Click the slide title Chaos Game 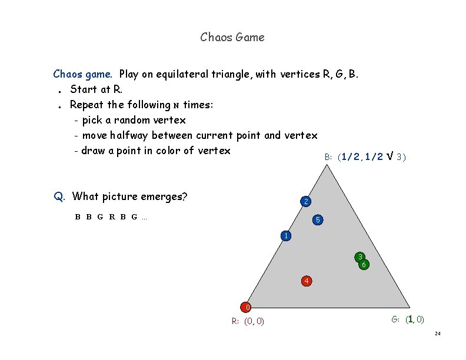pyautogui.click(x=232, y=38)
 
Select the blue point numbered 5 pyautogui.click(x=318, y=220)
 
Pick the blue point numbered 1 pyautogui.click(x=285, y=236)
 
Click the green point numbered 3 pyautogui.click(x=360, y=256)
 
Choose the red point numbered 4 pyautogui.click(x=306, y=281)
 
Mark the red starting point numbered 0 pyautogui.click(x=247, y=307)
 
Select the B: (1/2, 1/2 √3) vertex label pyautogui.click(x=365, y=156)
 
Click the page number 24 pyautogui.click(x=437, y=334)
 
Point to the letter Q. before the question pyautogui.click(x=59, y=196)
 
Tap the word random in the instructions pyautogui.click(x=126, y=120)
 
